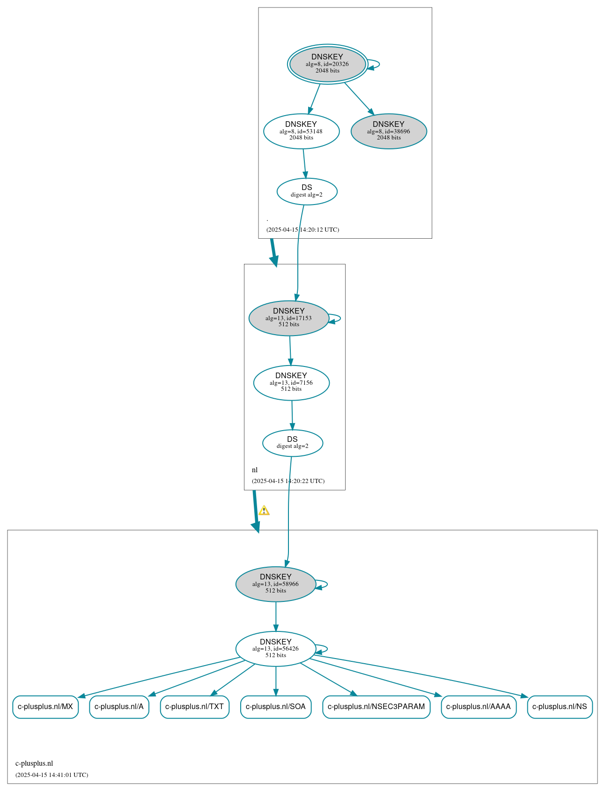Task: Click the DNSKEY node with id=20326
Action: [x=327, y=64]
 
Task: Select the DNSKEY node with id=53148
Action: [x=301, y=131]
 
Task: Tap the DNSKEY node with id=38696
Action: [x=389, y=131]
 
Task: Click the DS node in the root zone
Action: [x=307, y=191]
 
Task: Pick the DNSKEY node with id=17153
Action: [x=288, y=318]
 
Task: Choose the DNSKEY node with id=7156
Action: [x=291, y=382]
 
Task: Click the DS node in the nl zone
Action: [x=292, y=443]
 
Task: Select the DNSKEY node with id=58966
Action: [x=275, y=584]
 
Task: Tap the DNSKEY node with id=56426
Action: [x=275, y=649]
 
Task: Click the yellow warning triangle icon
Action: [x=264, y=511]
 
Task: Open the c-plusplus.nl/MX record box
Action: [x=45, y=707]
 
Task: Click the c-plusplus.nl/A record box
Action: [x=119, y=707]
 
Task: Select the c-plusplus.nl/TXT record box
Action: [x=194, y=707]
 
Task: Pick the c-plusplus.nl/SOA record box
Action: [x=275, y=707]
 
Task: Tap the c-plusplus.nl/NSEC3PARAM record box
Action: [x=376, y=707]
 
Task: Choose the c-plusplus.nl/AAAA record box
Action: [x=478, y=707]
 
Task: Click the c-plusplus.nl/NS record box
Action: [x=560, y=707]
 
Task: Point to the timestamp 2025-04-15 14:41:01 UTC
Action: [x=52, y=775]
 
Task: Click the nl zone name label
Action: [x=255, y=470]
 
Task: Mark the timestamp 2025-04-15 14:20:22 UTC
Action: [x=288, y=481]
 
